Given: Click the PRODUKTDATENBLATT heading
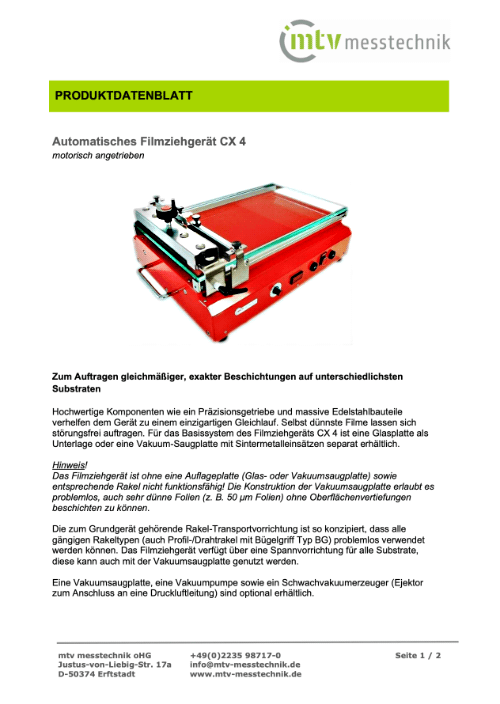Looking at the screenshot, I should click(x=123, y=97).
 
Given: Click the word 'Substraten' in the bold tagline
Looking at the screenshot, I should click(x=81, y=391).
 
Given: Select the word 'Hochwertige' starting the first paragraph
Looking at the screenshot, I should click(x=84, y=412).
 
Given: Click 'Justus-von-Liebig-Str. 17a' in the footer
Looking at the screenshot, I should click(x=114, y=664).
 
